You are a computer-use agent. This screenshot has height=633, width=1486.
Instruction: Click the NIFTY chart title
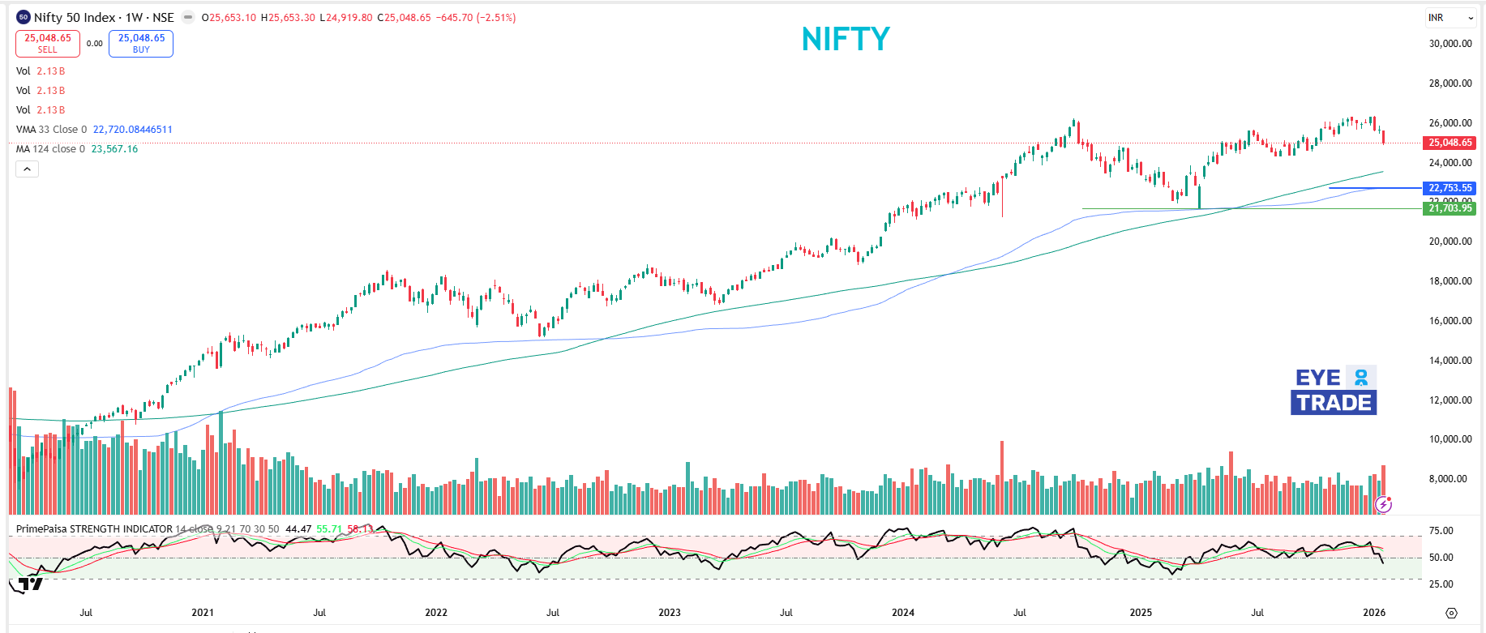(846, 39)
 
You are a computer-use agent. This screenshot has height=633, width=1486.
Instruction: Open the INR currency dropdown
(1450, 18)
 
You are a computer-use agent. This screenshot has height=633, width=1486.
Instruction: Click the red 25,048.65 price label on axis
(1450, 143)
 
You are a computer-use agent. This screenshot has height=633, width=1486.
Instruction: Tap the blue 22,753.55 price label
(1450, 188)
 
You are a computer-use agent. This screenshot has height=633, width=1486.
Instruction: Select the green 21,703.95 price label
(1450, 208)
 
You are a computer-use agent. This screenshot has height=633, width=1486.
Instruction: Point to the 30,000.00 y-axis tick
(1450, 44)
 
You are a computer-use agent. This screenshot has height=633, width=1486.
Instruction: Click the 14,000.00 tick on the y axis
(1450, 361)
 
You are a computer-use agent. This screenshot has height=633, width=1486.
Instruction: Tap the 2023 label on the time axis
(669, 613)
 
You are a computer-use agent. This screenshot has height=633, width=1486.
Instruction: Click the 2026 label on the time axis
(1374, 613)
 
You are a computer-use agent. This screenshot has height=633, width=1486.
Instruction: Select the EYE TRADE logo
(1334, 391)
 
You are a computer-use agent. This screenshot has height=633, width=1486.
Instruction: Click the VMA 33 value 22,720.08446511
(132, 130)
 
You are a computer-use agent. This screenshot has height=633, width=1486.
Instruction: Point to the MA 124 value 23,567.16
(114, 149)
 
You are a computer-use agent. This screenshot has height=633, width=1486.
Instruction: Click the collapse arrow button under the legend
(27, 169)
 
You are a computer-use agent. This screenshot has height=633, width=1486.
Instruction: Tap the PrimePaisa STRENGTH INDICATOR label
(94, 529)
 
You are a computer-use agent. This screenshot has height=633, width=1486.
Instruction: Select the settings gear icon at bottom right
(1451, 614)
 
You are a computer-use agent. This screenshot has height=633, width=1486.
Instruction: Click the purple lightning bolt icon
(1384, 505)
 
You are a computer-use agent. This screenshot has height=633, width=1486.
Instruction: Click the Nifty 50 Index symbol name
(75, 18)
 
